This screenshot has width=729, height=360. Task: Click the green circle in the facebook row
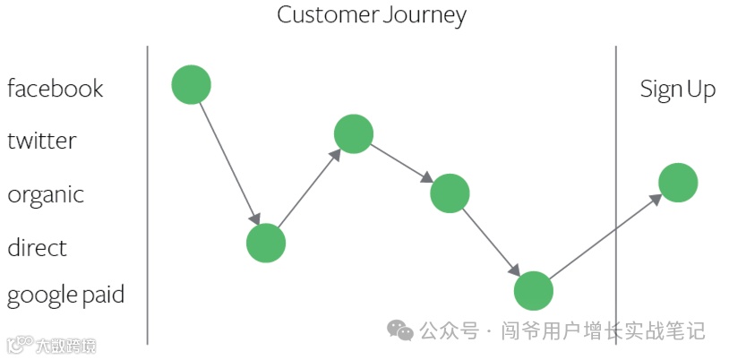point(191,85)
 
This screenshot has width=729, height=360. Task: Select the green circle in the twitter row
point(353,134)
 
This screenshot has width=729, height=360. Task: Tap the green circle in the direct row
point(266,243)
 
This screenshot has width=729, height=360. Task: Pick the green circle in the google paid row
point(534,290)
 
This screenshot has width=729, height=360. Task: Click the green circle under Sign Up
point(678,183)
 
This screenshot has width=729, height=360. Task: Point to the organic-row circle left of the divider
point(450,193)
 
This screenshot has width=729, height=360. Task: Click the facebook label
point(56,88)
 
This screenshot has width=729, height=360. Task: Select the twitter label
point(42,141)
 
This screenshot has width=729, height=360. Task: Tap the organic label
point(46,194)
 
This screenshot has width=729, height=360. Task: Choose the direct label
point(37,247)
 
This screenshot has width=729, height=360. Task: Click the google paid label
point(65,296)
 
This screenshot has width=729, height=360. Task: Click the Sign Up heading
point(677,89)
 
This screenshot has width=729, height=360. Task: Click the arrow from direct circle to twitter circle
point(309,189)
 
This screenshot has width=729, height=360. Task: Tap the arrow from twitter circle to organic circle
point(401,164)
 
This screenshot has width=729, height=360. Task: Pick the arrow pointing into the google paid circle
point(492,242)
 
